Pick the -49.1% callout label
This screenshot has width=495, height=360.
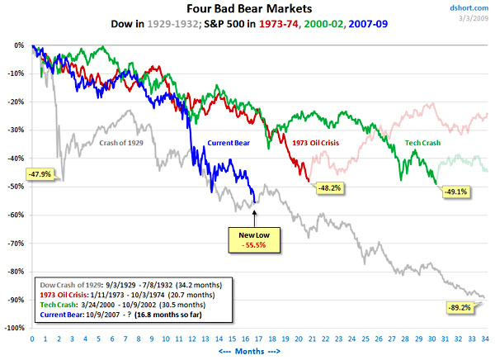pos(456,192)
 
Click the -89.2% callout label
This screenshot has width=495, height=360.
pos(458,306)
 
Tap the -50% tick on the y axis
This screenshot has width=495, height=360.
pos(16,187)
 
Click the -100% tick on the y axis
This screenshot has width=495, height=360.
pos(14,328)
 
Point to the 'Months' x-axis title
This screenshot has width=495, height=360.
pos(257,350)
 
